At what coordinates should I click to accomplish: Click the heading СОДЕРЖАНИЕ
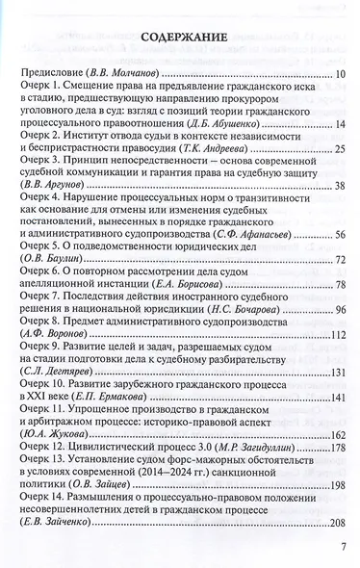click(x=183, y=39)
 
